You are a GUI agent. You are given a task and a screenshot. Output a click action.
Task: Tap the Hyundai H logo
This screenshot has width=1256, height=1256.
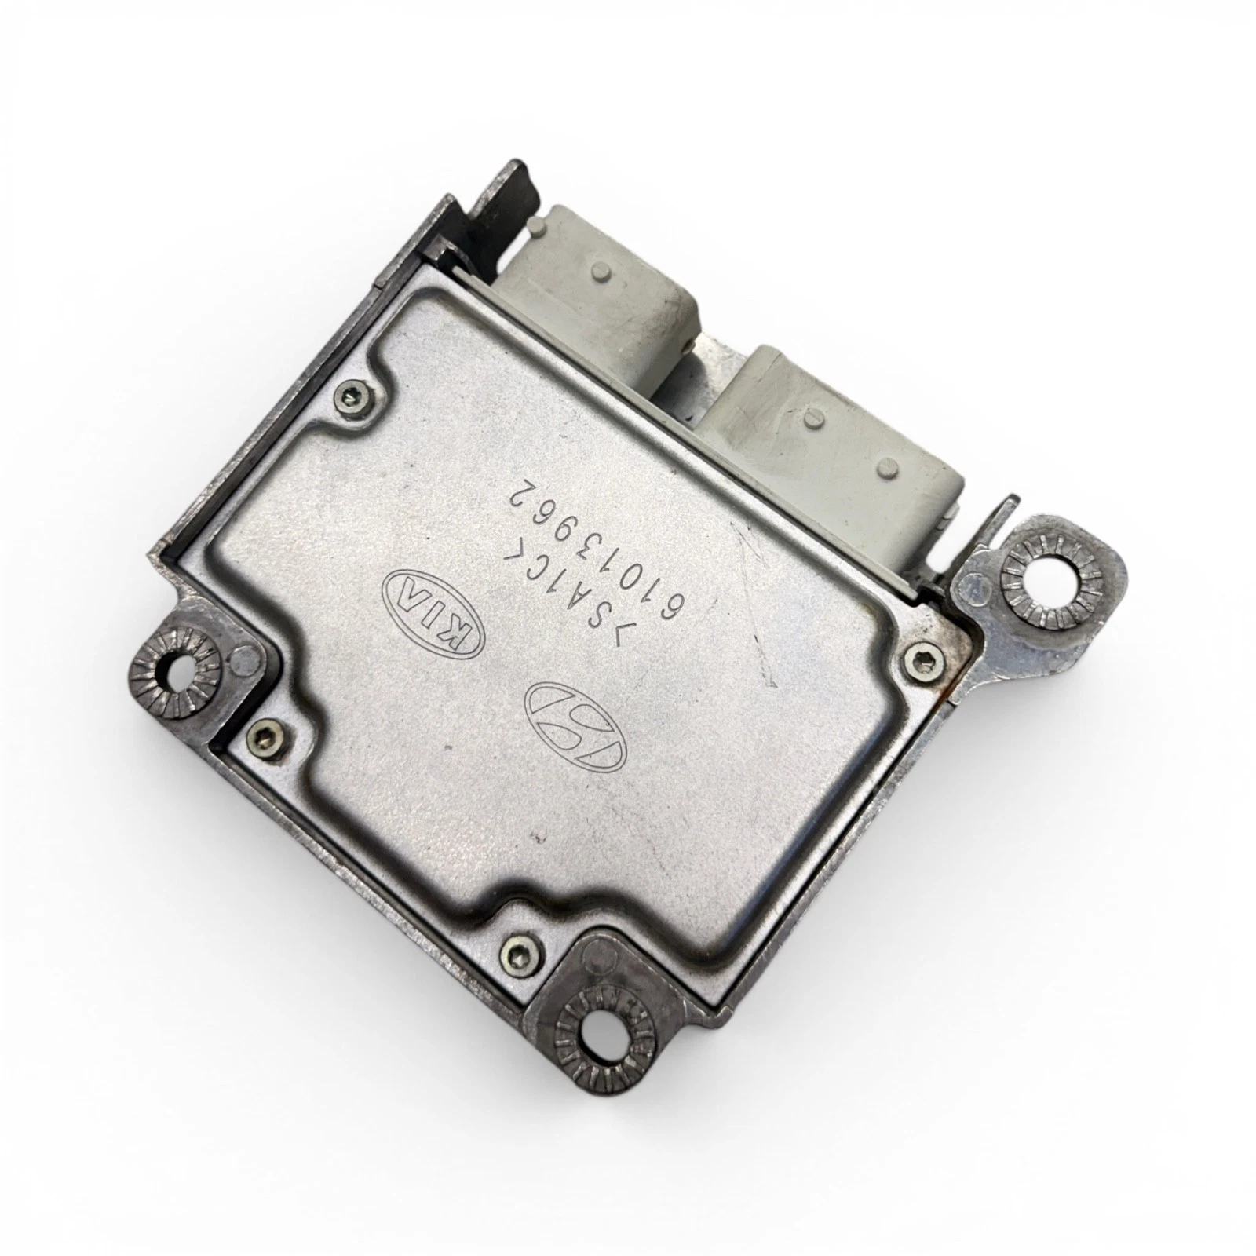(576, 723)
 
